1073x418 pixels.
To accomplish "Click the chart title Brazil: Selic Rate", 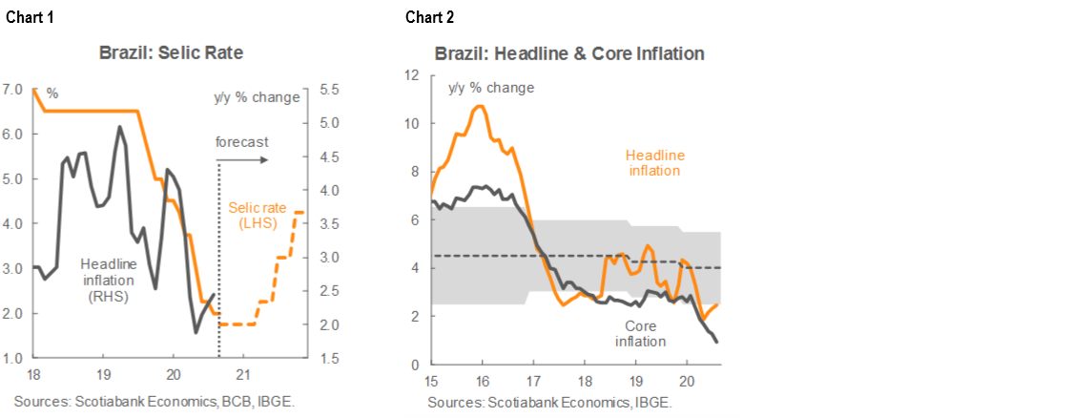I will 171,52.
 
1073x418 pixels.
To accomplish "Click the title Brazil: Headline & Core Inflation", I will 569,53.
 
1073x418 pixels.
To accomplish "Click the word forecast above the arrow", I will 241,142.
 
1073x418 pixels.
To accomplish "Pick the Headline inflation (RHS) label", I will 109,280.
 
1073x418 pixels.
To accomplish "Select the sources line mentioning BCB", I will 154,402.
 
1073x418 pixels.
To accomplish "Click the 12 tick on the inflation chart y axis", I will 412,75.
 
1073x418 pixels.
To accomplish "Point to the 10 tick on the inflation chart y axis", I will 412,123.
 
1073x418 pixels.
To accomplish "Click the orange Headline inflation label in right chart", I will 654,162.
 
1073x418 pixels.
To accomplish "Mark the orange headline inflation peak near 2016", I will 480,106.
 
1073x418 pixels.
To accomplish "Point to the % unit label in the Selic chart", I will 52,94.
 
